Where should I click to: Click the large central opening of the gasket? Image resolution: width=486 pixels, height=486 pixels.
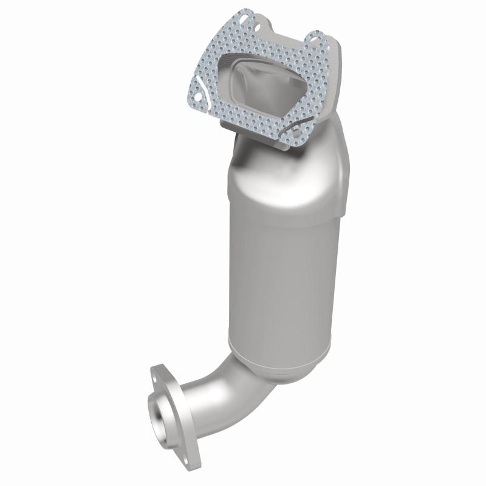point(261,85)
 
